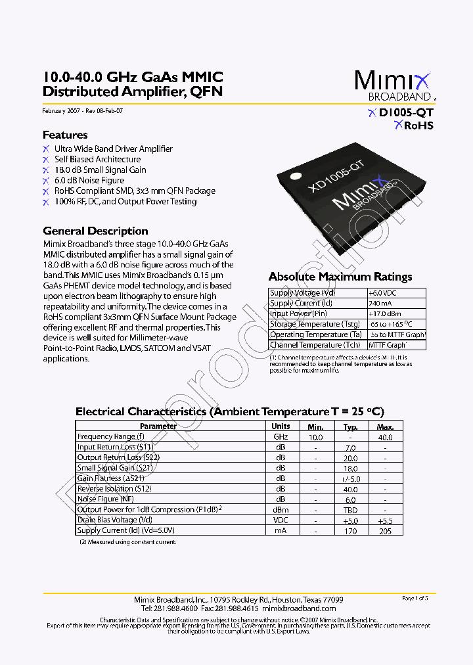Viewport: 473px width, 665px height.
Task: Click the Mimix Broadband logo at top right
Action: tap(393, 85)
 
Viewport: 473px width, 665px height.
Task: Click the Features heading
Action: tap(65, 135)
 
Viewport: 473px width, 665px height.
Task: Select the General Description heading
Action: tap(95, 231)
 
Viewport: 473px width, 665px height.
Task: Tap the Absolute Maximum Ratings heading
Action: tap(340, 277)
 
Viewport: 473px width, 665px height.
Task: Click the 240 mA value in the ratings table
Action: tap(379, 304)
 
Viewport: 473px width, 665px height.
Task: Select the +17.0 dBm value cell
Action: tap(384, 314)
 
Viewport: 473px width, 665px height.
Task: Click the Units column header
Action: tap(281, 426)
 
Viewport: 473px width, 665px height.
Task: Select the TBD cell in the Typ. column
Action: tap(351, 510)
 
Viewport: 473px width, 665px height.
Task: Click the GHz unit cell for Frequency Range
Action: tap(281, 437)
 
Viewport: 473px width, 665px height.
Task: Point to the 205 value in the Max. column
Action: tap(385, 531)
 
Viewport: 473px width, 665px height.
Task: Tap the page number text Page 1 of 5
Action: tap(415, 598)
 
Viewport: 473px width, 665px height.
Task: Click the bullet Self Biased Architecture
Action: tap(97, 159)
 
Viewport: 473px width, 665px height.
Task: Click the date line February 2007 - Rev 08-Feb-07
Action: tap(82, 111)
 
